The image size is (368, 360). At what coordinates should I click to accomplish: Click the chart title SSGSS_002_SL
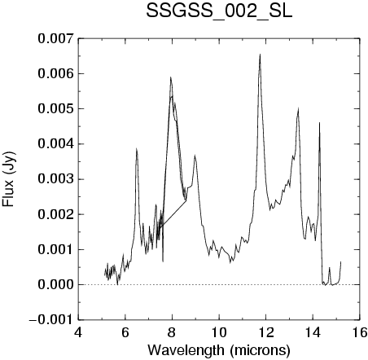219,11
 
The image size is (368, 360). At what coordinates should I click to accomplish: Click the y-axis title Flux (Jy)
8,179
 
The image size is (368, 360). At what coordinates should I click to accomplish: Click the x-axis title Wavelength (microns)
219,350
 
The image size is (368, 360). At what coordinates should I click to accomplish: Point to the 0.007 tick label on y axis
55,38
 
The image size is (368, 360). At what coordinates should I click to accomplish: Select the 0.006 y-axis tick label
55,73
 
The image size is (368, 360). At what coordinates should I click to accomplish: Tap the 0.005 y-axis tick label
55,109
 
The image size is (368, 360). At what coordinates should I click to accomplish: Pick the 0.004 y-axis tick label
55,144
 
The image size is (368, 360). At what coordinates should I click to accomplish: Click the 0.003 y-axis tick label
55,179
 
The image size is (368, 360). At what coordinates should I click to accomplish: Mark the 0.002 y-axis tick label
55,214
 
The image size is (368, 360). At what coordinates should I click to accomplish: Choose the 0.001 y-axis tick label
55,249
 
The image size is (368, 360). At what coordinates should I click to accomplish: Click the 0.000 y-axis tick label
55,285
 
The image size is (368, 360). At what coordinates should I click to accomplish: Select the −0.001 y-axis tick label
51,320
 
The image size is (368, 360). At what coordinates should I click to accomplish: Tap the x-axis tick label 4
78,332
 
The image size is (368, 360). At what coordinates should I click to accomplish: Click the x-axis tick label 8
172,332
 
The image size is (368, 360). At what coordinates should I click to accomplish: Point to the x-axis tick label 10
219,332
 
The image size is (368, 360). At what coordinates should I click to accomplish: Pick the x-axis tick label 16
360,332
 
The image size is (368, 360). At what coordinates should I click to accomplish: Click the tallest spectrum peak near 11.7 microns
260,55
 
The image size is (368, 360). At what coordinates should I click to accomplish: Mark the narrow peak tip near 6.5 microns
137,148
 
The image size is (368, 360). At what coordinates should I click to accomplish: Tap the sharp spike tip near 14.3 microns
319,123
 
